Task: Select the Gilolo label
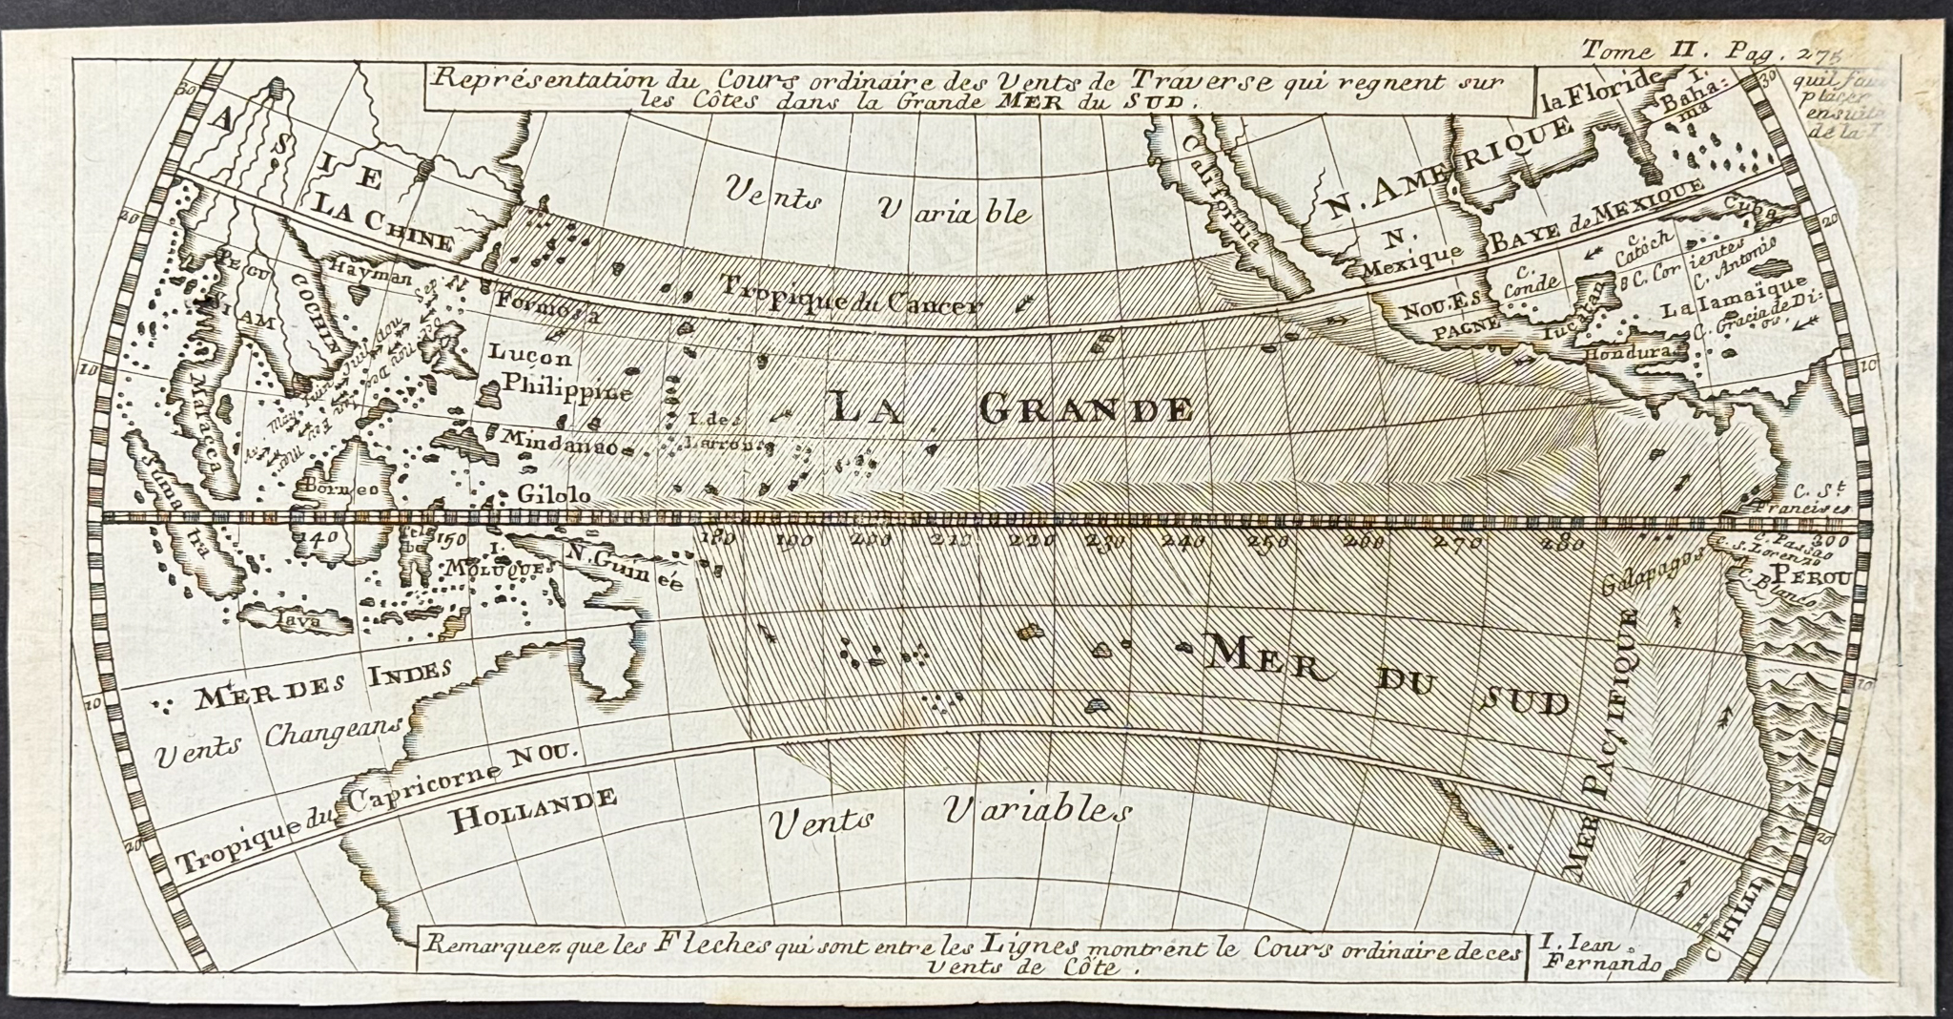554,495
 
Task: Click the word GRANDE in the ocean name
1085,410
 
